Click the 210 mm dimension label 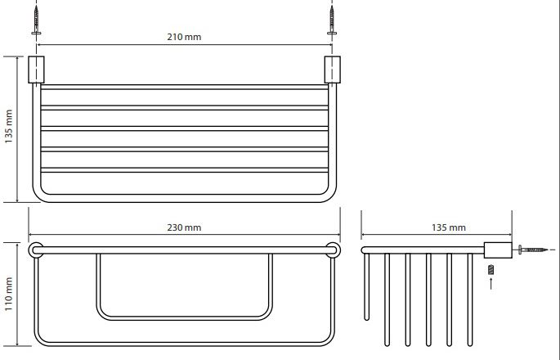click(184, 37)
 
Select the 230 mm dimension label click(184, 227)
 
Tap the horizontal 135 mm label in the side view click(449, 227)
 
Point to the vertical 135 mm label click(8, 127)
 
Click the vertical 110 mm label click(8, 294)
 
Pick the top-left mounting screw click(36, 20)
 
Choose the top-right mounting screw click(332, 20)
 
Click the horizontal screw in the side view click(532, 250)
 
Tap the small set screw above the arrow click(491, 269)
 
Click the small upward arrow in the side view click(491, 283)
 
